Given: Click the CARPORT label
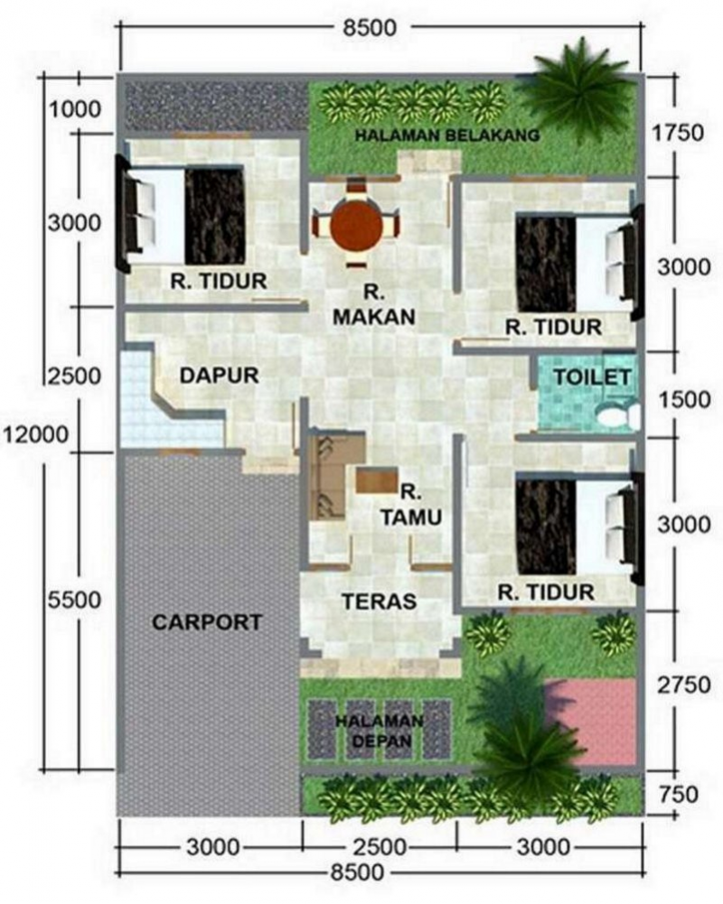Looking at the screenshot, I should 207,622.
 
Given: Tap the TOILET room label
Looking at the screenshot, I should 592,377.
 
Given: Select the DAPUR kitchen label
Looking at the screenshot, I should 220,374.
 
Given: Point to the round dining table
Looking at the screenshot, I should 354,226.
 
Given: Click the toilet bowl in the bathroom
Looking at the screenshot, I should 616,415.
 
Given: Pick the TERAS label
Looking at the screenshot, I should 378,601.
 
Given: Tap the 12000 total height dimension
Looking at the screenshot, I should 35,434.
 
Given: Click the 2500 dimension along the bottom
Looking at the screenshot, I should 379,847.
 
